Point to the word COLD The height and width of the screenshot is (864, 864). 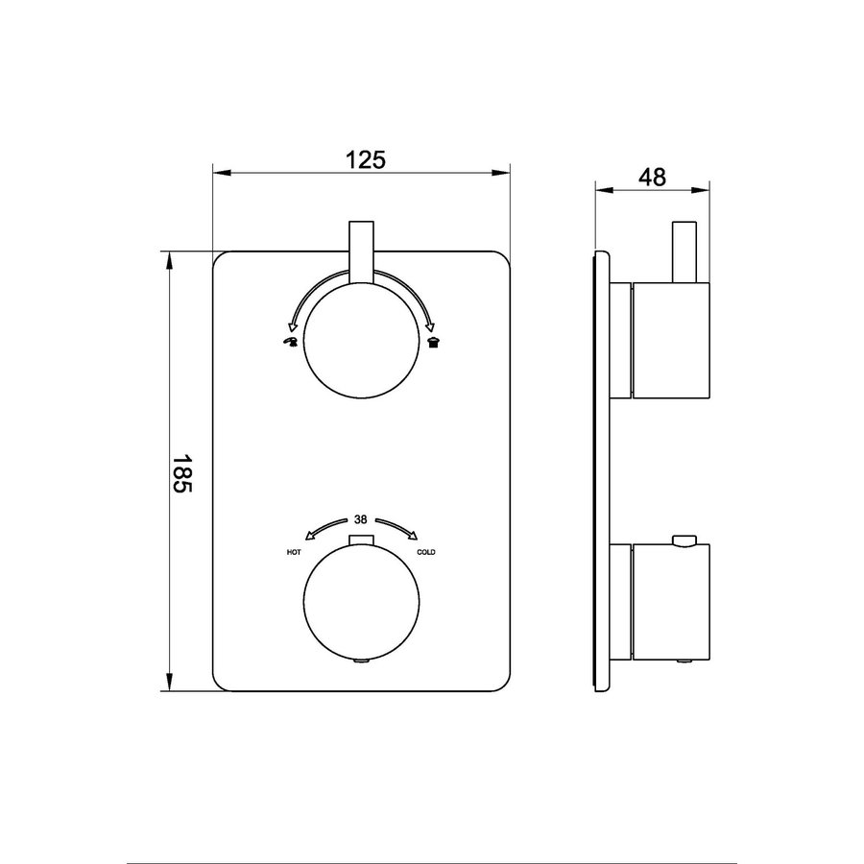(x=426, y=553)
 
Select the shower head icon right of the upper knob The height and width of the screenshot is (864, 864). (x=434, y=342)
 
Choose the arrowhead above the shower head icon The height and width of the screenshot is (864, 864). (x=430, y=324)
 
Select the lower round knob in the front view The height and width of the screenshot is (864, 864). (x=361, y=602)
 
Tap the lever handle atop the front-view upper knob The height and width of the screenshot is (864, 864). (x=361, y=252)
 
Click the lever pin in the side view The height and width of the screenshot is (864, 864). (x=684, y=252)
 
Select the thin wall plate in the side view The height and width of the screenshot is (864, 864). (x=602, y=470)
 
